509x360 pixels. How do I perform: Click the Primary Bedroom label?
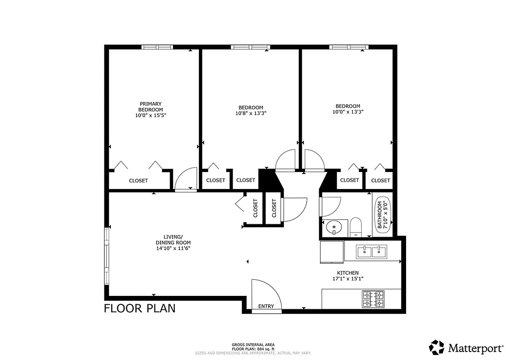150,107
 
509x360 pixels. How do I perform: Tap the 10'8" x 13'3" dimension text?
251,113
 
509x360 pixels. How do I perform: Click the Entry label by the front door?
266,306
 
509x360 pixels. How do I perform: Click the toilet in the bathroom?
355,227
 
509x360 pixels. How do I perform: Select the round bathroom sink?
334,228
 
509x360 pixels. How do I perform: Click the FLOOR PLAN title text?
139,308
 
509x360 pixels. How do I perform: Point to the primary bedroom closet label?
138,180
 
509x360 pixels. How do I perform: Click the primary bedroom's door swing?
186,179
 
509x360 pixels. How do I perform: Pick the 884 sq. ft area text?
254,349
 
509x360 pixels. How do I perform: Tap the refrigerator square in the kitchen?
331,251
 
